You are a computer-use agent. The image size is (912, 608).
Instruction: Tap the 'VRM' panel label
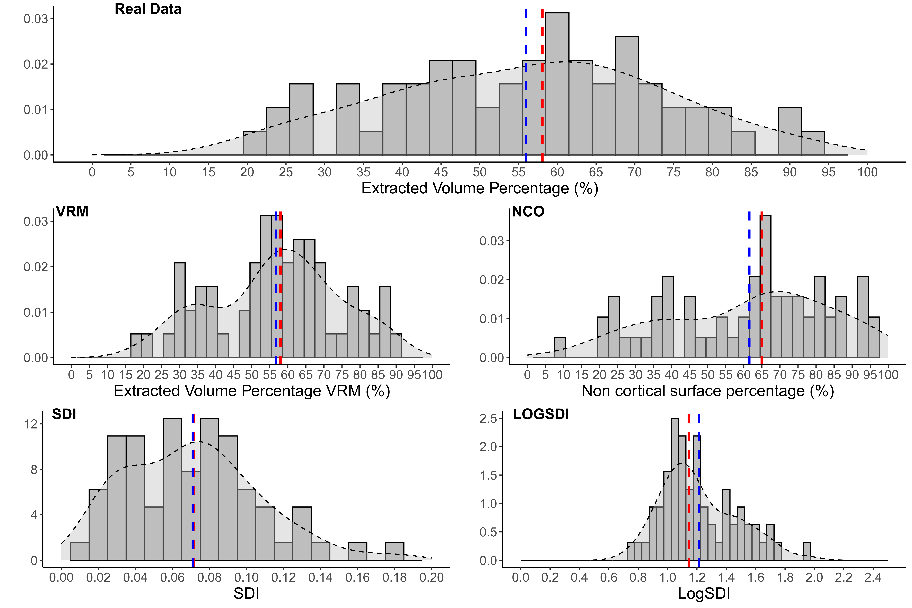[72, 212]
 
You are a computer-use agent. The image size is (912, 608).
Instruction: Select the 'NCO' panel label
[528, 212]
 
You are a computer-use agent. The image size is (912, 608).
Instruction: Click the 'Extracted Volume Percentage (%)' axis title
[480, 188]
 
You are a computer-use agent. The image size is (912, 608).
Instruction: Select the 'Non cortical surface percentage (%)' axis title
[708, 391]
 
